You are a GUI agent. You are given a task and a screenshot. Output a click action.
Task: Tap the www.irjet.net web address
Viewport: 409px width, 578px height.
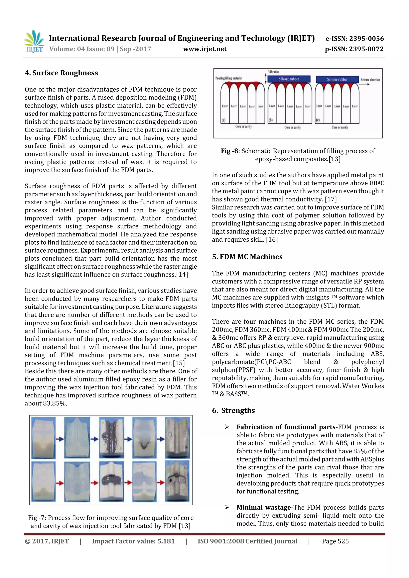205,49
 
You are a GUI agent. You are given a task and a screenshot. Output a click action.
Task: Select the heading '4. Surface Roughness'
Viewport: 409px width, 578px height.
61,73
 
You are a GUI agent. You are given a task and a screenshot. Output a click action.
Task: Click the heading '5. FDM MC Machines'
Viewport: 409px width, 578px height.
247,257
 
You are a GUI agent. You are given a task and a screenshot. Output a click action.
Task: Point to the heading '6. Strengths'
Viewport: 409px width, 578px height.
233,411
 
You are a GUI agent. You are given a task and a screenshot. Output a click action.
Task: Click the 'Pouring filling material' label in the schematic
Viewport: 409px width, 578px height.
229,78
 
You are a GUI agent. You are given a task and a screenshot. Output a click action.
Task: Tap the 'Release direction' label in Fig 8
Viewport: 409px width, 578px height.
370,80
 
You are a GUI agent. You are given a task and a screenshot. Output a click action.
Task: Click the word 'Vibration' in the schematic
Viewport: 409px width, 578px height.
274,72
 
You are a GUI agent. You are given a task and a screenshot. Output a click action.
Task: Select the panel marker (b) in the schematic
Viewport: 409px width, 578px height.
270,120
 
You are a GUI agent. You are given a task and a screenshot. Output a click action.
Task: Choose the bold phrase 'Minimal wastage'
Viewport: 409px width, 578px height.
264,508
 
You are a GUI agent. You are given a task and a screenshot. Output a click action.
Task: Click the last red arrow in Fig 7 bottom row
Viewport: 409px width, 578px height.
161,483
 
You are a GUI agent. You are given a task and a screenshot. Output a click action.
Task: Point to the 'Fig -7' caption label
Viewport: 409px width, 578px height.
37,518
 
